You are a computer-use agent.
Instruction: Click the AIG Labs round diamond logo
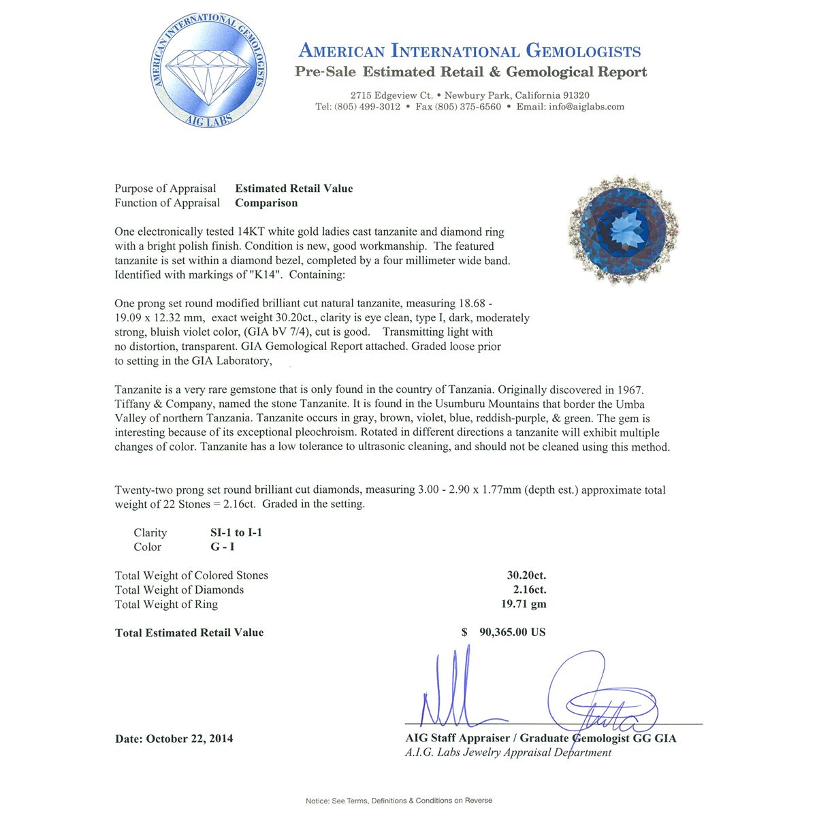(209, 70)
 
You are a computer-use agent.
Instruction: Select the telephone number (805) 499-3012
(367, 107)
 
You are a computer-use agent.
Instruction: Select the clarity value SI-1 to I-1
(236, 532)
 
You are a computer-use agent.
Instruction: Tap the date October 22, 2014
(189, 739)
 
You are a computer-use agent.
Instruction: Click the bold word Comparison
(266, 203)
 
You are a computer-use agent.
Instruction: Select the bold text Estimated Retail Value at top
(294, 189)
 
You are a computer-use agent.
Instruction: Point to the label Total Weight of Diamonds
(179, 590)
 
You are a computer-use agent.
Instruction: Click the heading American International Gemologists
(470, 51)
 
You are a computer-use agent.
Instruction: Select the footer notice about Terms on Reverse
(399, 801)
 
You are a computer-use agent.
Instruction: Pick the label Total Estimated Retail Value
(189, 632)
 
